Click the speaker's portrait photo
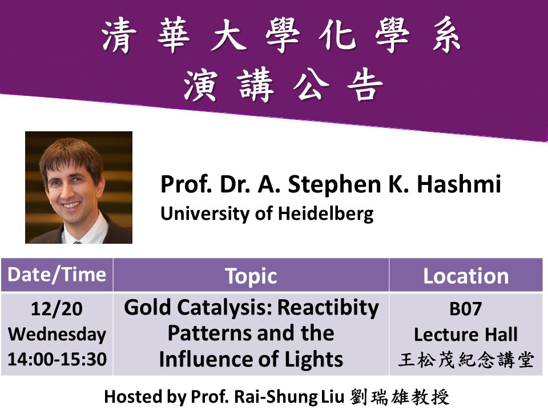[79, 187]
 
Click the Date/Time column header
[57, 275]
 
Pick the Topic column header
[251, 276]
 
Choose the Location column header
[465, 276]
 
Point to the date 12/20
[57, 309]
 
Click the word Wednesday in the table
[57, 334]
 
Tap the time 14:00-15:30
[57, 359]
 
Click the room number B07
[466, 309]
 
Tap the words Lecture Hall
[466, 334]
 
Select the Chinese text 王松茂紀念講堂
[466, 360]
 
